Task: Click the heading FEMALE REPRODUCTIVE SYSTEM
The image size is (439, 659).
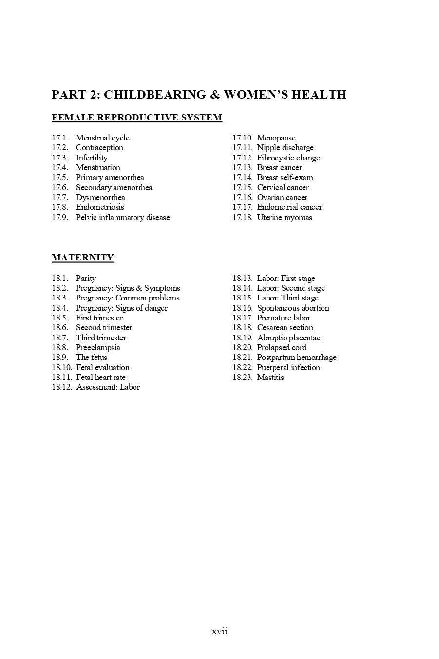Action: pyautogui.click(x=137, y=118)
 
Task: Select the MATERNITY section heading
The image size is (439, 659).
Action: pyautogui.click(x=83, y=258)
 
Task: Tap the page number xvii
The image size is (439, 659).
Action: pyautogui.click(x=219, y=631)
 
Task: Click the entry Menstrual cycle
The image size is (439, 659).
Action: pyautogui.click(x=102, y=138)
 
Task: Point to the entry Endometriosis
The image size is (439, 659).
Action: pyautogui.click(x=100, y=207)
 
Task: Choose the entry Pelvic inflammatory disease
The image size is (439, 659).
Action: pyautogui.click(x=123, y=218)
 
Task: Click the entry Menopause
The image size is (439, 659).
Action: pyautogui.click(x=276, y=138)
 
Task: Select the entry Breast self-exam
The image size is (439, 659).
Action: pyautogui.click(x=285, y=178)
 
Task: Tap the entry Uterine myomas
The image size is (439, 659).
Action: pyautogui.click(x=285, y=218)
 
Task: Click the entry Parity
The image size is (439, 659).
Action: pyautogui.click(x=86, y=279)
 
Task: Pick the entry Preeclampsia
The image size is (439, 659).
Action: pyautogui.click(x=98, y=348)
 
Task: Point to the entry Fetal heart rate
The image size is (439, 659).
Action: pyautogui.click(x=101, y=378)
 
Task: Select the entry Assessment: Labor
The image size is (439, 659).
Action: pyautogui.click(x=108, y=387)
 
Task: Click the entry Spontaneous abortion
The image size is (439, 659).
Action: pyautogui.click(x=293, y=308)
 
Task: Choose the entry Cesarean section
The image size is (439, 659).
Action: pyautogui.click(x=285, y=328)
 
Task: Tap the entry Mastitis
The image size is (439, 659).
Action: pyautogui.click(x=270, y=378)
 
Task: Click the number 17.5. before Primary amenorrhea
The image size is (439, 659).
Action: pyautogui.click(x=60, y=178)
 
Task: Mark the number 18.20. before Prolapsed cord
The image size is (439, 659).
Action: pyautogui.click(x=242, y=348)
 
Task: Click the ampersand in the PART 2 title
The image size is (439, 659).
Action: pyautogui.click(x=215, y=95)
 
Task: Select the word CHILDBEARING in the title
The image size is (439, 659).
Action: pyautogui.click(x=155, y=95)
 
